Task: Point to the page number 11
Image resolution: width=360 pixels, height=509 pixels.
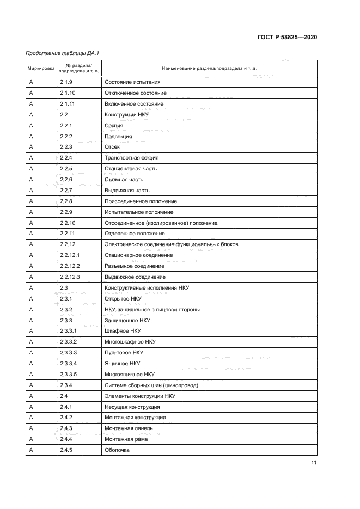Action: pos(314,463)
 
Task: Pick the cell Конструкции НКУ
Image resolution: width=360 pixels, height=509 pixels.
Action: pos(126,115)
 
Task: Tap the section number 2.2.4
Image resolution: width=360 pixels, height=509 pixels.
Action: pos(66,158)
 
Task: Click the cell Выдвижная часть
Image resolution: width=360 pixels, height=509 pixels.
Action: pos(126,191)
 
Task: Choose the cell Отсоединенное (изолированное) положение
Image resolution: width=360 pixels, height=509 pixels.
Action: pos(161,223)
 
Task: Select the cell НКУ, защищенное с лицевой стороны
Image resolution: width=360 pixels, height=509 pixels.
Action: pos(152,310)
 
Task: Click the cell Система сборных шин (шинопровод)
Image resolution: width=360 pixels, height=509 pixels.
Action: pos(151,385)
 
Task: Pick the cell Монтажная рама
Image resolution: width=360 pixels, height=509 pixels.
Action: pos(126,439)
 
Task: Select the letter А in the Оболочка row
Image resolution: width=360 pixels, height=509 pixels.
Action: pos(31,450)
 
